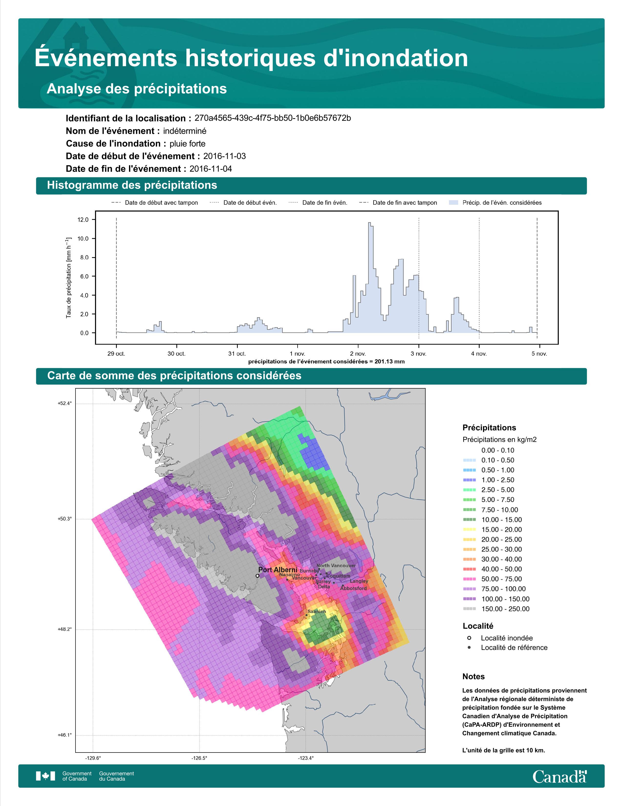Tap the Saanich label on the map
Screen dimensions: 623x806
pyautogui.click(x=317, y=612)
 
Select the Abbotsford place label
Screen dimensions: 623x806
pyautogui.click(x=354, y=588)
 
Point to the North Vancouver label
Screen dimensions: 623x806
pyautogui.click(x=336, y=565)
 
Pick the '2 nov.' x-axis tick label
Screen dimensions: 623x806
pyautogui.click(x=358, y=354)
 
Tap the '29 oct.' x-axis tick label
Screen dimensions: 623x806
pyautogui.click(x=116, y=354)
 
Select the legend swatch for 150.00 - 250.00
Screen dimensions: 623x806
pyautogui.click(x=469, y=609)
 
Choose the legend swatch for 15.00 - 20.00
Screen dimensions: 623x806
pyautogui.click(x=469, y=530)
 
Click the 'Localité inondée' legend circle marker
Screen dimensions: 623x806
pyautogui.click(x=469, y=638)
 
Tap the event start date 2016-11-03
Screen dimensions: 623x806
pyautogui.click(x=224, y=156)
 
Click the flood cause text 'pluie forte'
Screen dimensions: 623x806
pyautogui.click(x=187, y=144)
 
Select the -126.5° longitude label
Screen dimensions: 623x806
pyautogui.click(x=199, y=758)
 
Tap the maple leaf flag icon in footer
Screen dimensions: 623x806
pyautogui.click(x=45, y=776)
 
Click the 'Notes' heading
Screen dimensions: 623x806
pyautogui.click(x=473, y=677)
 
